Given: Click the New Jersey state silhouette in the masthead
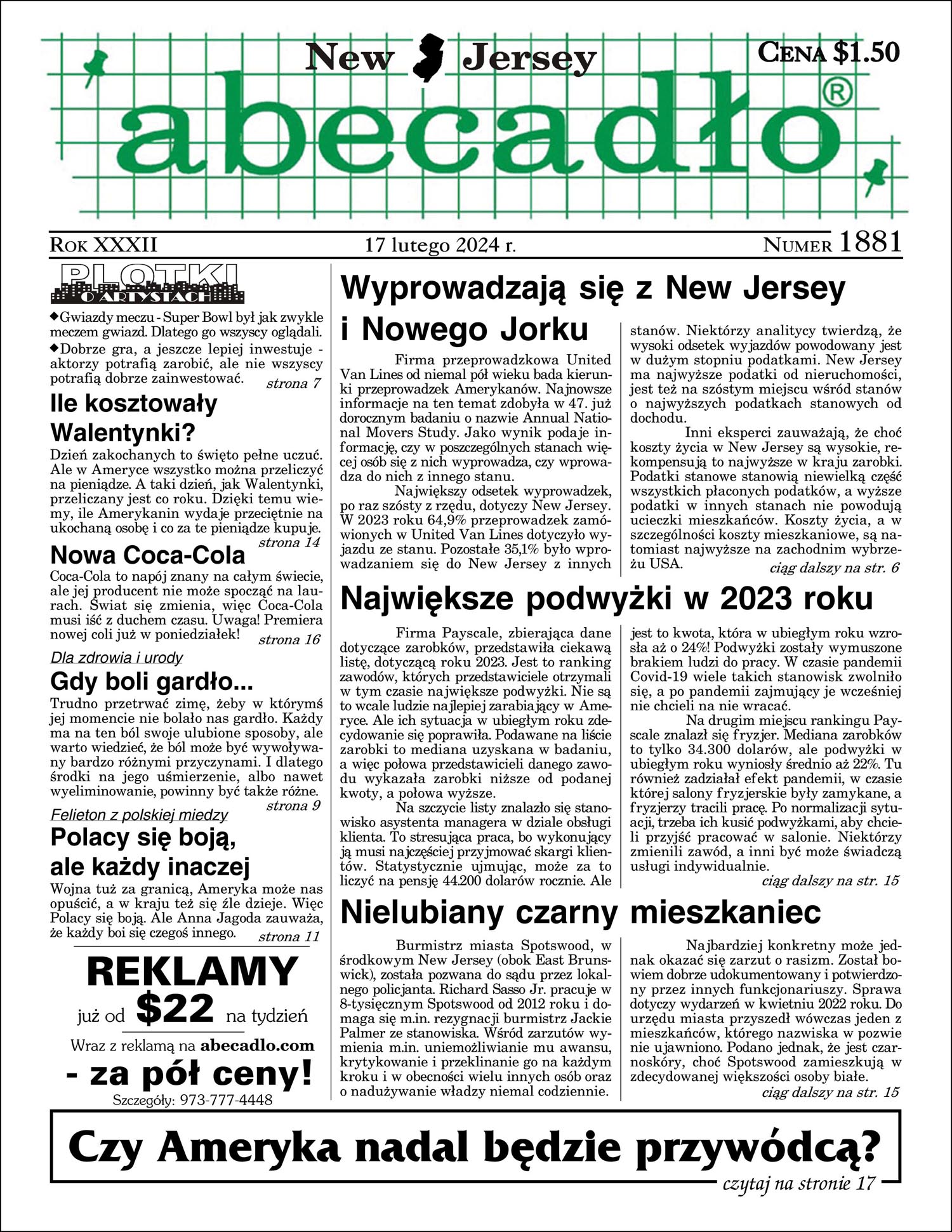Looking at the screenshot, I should (x=429, y=59).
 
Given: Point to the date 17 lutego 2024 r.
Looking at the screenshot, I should (x=440, y=245).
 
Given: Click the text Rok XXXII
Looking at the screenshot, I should (x=103, y=244).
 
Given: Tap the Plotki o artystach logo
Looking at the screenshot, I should (x=148, y=284).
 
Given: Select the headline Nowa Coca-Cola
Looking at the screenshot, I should (x=147, y=555).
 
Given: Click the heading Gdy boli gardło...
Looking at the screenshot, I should (x=151, y=682).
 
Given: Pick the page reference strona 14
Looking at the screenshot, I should (x=289, y=543).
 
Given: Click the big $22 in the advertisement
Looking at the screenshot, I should (x=175, y=1009).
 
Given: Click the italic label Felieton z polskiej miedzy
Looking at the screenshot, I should (x=139, y=814).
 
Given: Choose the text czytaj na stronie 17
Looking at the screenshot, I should (x=798, y=1183).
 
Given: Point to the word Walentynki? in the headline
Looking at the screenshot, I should (x=122, y=433).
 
